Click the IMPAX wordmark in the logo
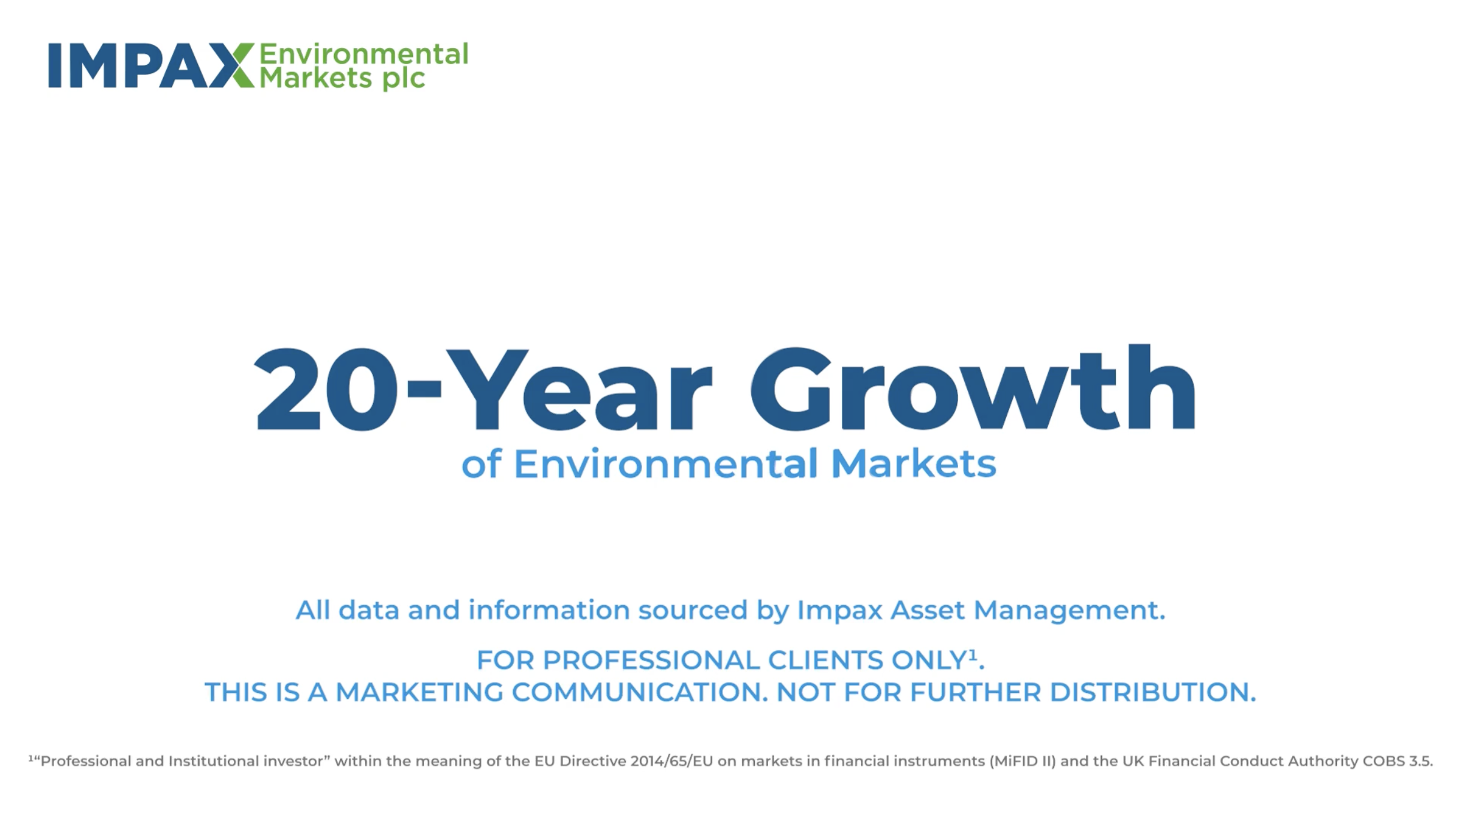[151, 65]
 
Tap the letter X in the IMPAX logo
[231, 65]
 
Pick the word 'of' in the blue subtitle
[481, 464]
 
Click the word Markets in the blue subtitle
[914, 464]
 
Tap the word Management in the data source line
[1069, 611]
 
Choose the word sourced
[693, 610]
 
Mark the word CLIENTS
[826, 660]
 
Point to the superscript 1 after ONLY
[973, 655]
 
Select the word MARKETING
[419, 692]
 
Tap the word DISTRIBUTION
[1152, 692]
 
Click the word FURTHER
[976, 692]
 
